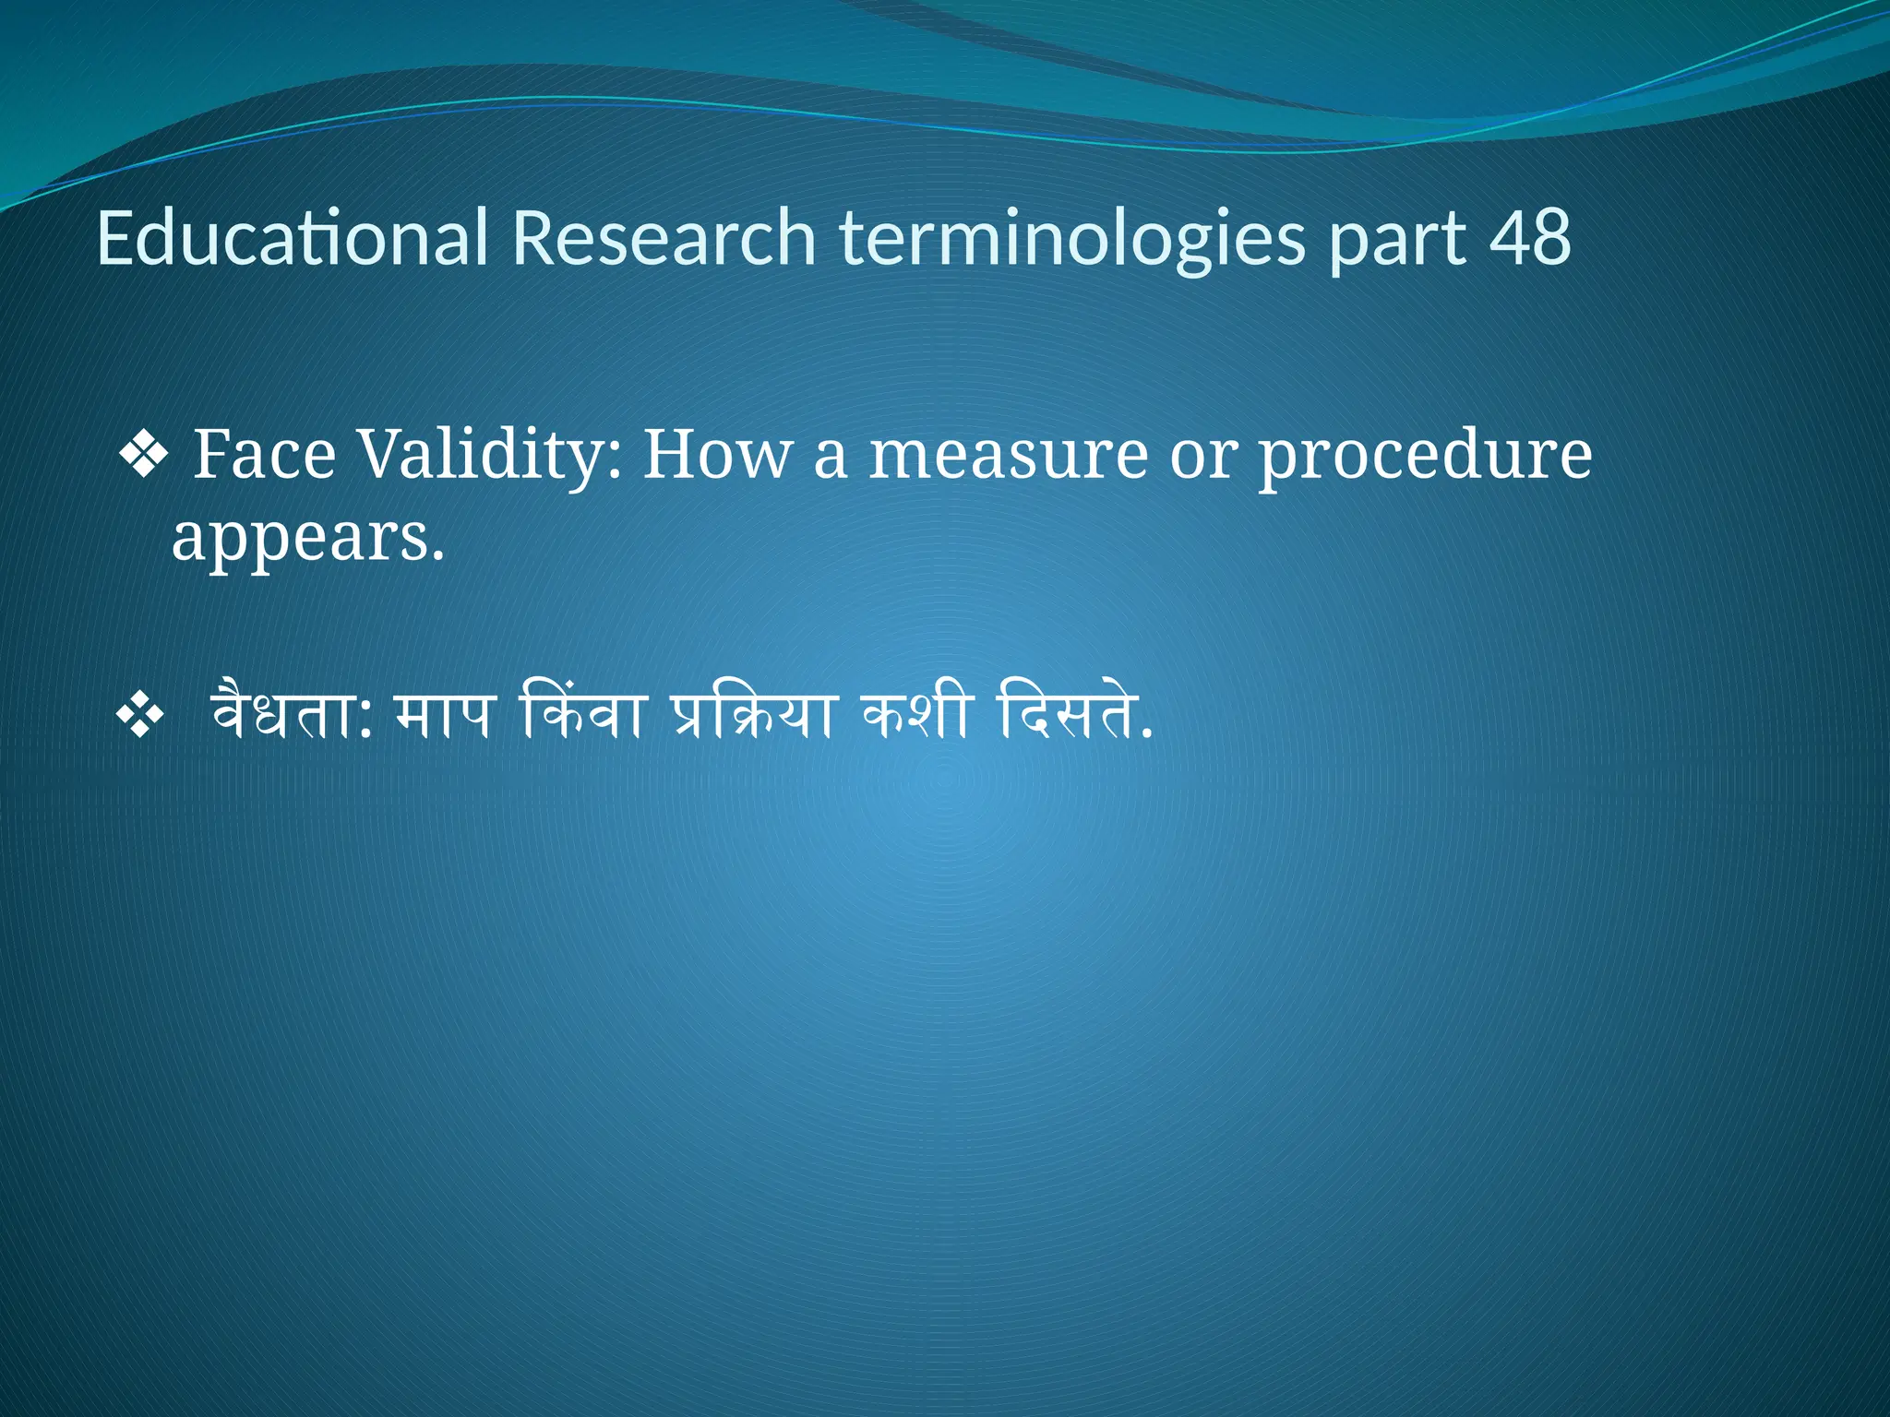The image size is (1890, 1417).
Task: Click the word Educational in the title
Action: [x=292, y=238]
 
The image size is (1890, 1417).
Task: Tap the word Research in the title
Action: [x=664, y=238]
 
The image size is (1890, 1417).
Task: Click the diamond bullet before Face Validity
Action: [x=144, y=455]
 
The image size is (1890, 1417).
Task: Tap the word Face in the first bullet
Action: [x=264, y=455]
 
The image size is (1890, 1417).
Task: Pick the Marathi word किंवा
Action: [x=581, y=715]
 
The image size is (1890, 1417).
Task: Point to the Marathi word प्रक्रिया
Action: [x=752, y=715]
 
